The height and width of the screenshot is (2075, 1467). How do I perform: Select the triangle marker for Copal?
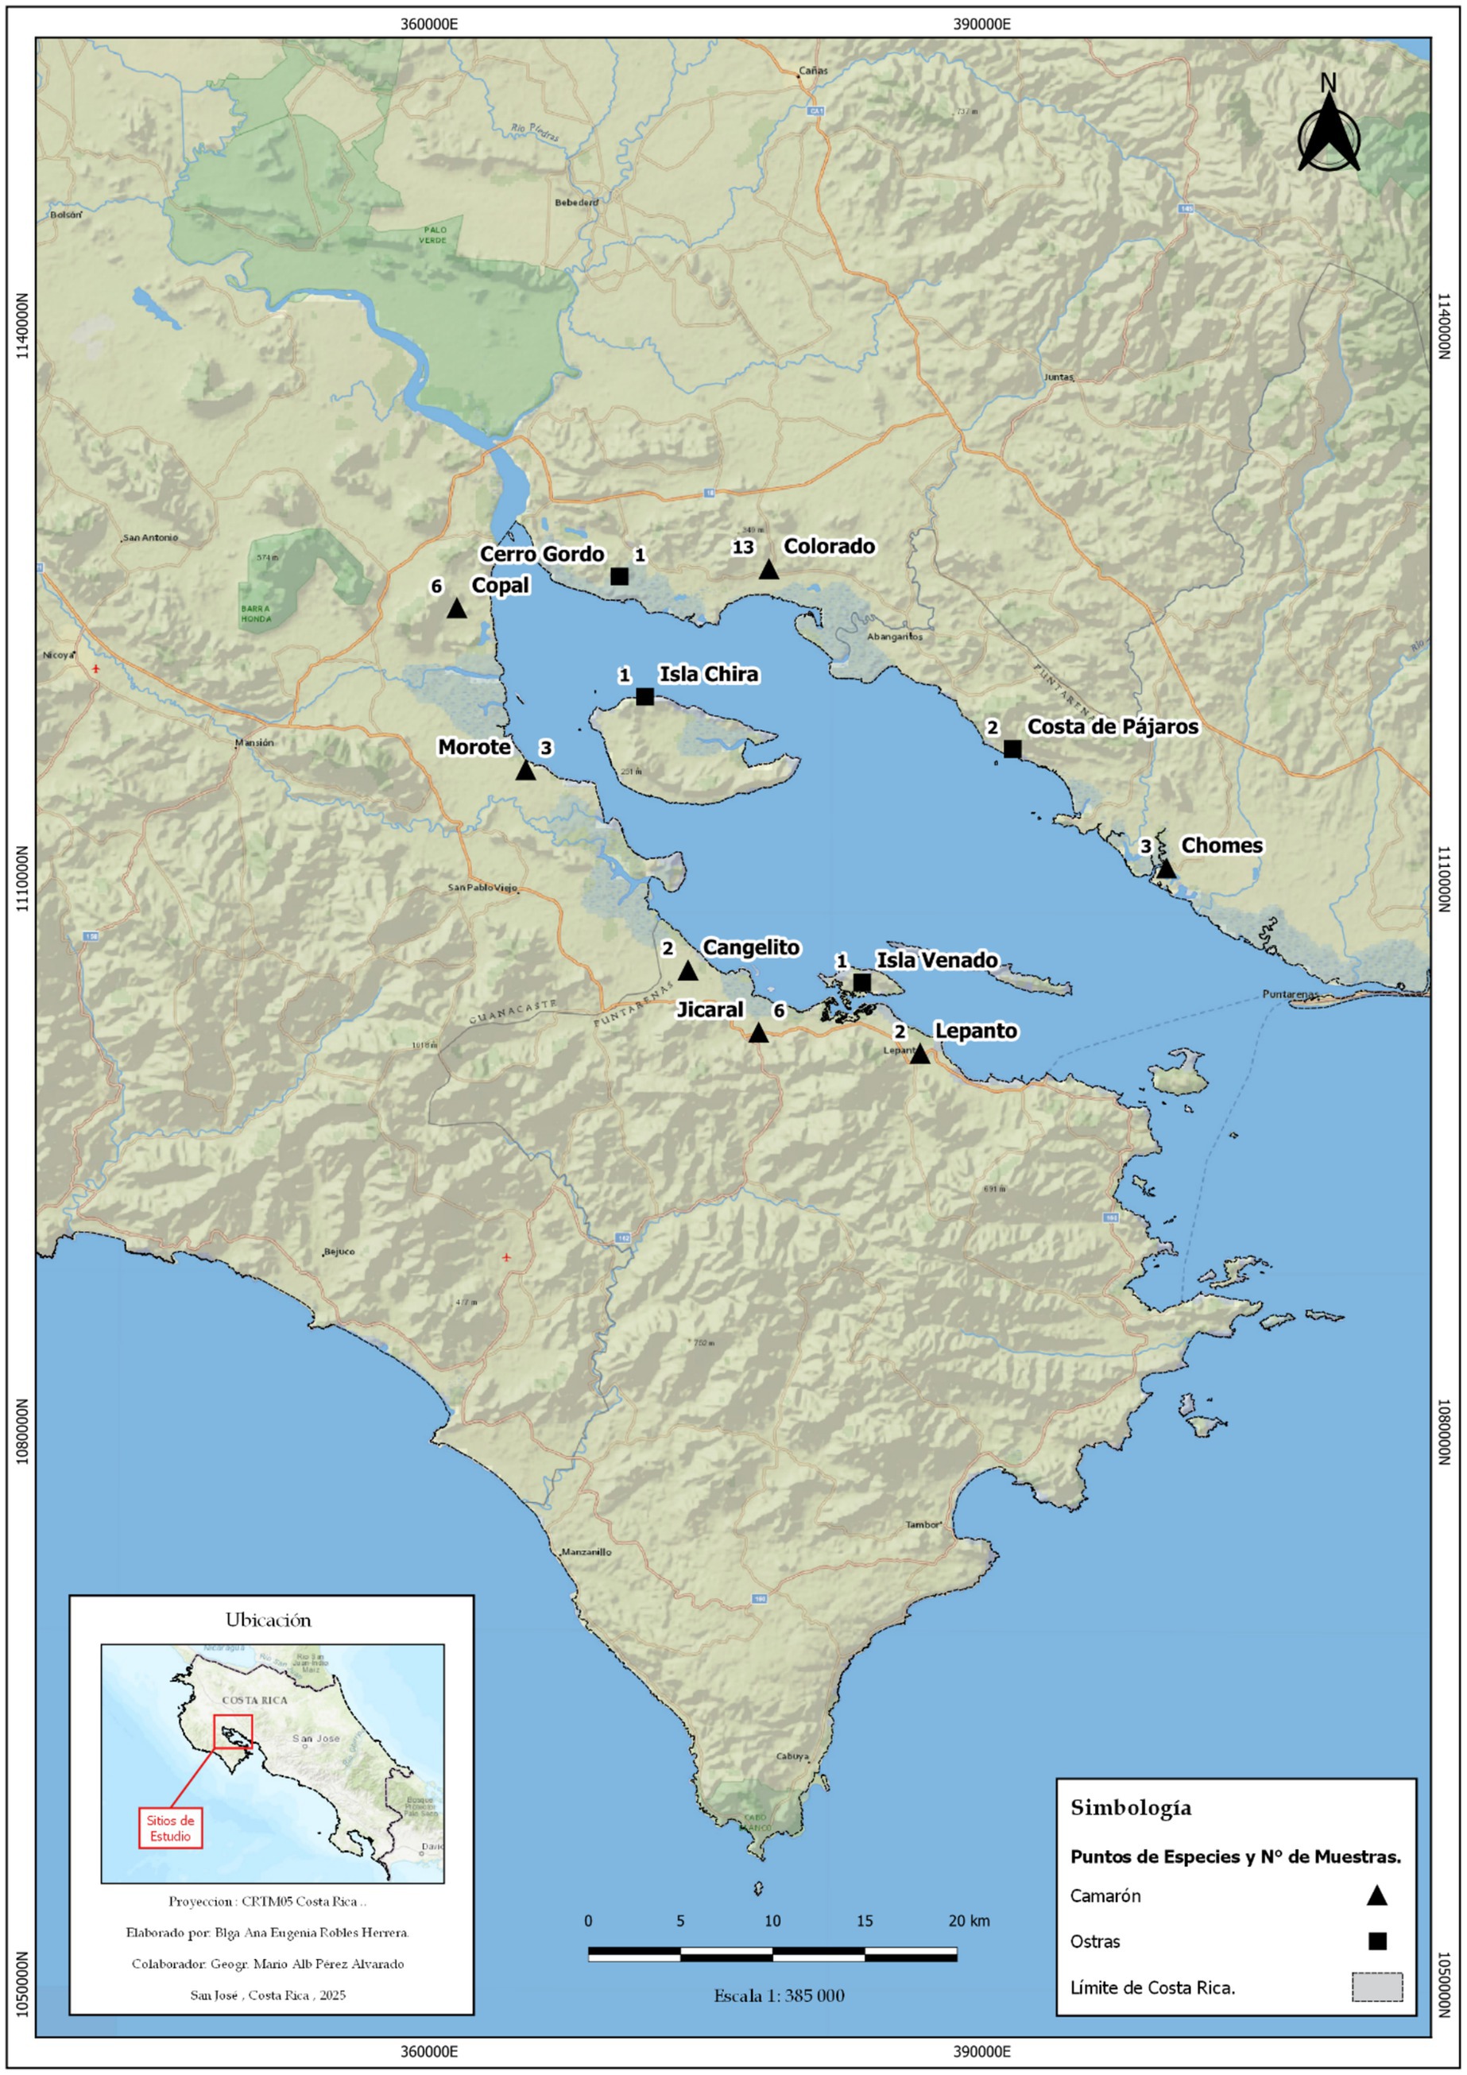click(x=456, y=609)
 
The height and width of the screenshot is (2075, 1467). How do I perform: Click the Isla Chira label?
click(x=709, y=674)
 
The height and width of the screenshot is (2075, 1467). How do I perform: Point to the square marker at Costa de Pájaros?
click(x=1012, y=749)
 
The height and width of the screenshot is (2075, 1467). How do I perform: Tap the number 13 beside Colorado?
click(x=743, y=547)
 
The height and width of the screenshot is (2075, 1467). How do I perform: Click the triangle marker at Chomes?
click(x=1166, y=869)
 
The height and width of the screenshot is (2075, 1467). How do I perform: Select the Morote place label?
click(x=474, y=746)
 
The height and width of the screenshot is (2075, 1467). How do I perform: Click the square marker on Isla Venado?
click(x=861, y=982)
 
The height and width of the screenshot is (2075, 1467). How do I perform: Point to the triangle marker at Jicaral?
click(x=758, y=1034)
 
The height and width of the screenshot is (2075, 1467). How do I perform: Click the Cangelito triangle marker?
click(x=688, y=971)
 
